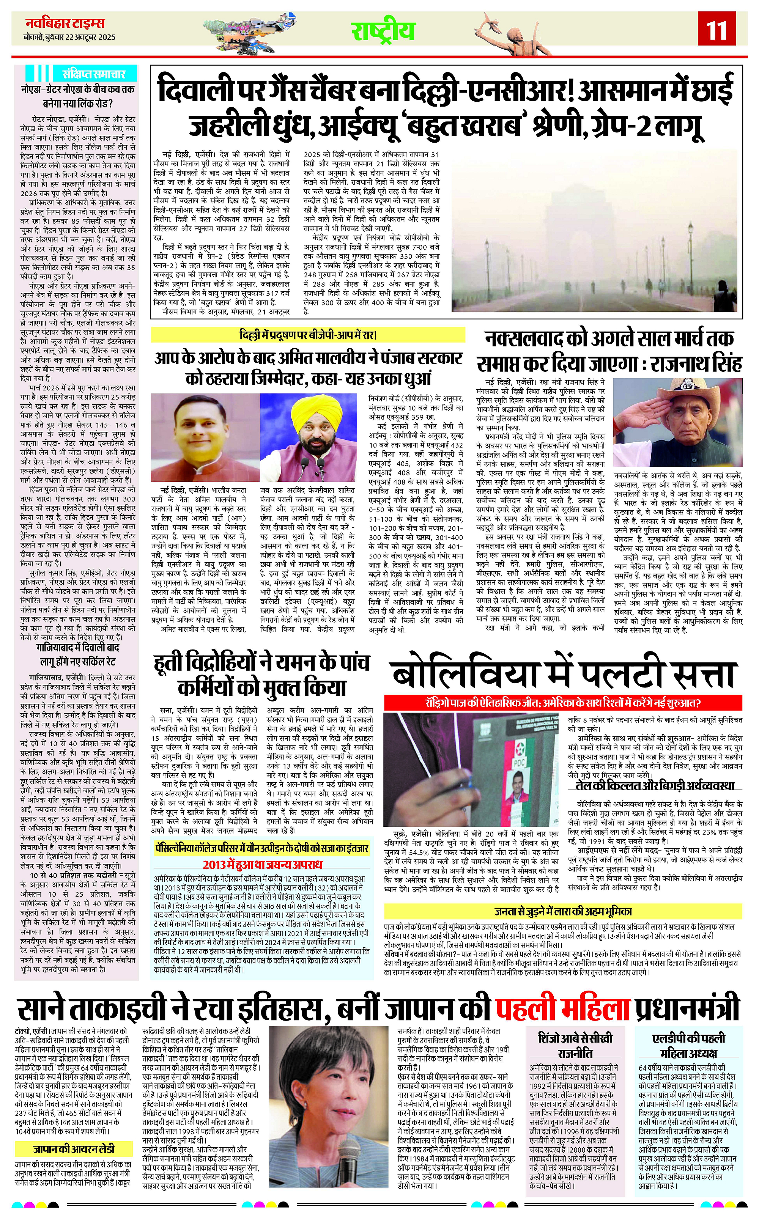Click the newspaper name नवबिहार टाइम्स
click(x=65, y=23)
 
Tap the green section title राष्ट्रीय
click(x=383, y=31)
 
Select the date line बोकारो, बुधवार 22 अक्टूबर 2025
click(x=69, y=37)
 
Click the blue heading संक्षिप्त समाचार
click(x=93, y=73)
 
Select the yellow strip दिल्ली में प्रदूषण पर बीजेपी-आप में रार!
click(x=308, y=335)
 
